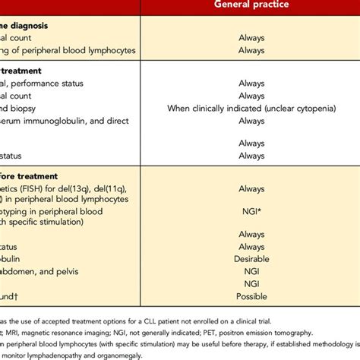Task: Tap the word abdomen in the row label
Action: [x=23, y=271]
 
